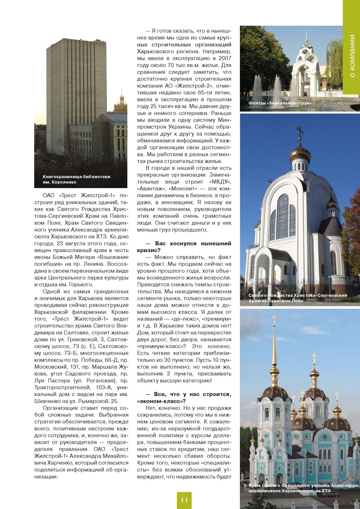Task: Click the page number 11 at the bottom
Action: point(184,500)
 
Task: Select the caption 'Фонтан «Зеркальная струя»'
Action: point(280,104)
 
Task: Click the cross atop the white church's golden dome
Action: point(299,132)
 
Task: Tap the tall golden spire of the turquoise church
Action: point(274,356)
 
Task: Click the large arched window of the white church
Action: point(283,216)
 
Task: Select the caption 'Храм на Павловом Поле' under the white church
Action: point(274,300)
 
